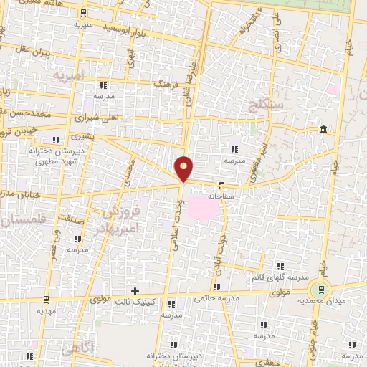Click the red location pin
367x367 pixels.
[184, 168]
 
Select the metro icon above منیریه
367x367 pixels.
[84, 13]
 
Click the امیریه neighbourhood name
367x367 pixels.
[69, 74]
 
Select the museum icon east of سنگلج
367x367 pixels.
[324, 129]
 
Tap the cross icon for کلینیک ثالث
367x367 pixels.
[134, 290]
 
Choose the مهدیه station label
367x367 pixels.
[47, 311]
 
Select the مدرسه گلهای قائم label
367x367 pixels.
[280, 277]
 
